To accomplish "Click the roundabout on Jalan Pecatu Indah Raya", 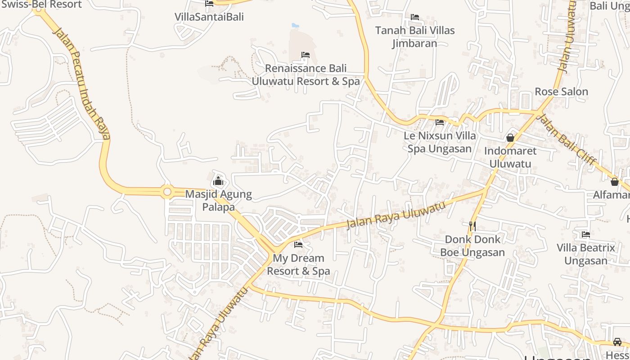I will (167, 192).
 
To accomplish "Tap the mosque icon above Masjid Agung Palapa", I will (218, 181).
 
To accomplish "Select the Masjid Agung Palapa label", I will (218, 201).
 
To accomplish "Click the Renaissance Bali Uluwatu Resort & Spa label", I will (306, 75).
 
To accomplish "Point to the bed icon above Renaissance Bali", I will (306, 55).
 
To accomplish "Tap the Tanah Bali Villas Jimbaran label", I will (415, 37).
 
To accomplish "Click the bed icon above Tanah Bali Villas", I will (415, 17).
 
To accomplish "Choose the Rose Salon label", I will (561, 92).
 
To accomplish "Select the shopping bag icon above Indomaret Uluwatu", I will (510, 138).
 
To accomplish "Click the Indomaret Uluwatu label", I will (510, 157).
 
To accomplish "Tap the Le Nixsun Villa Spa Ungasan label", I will (440, 142).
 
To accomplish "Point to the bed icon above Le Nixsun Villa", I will (440, 122).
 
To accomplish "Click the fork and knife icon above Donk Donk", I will (472, 225).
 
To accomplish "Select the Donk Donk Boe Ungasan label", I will (472, 246).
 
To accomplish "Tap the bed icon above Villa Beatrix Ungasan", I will (585, 234).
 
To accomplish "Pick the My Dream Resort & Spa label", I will (299, 265).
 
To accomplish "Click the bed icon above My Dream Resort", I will (298, 245).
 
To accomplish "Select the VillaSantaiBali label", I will (209, 17).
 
